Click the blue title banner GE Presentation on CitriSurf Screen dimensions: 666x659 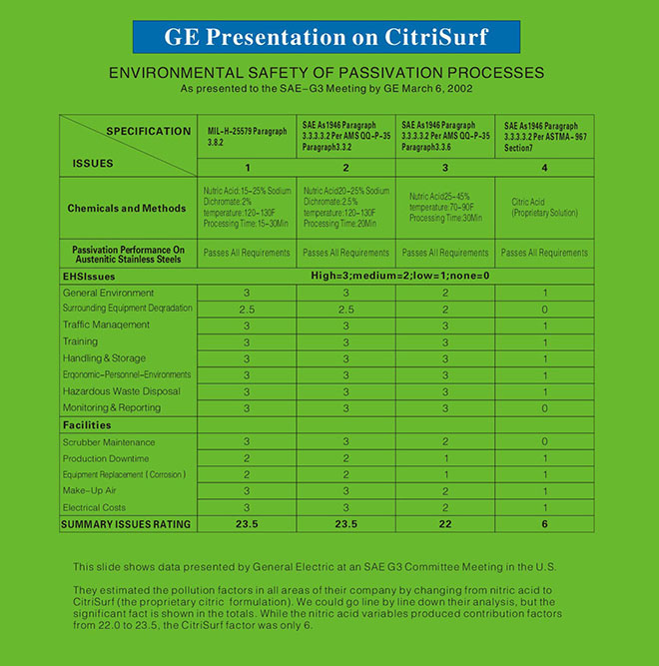(x=327, y=37)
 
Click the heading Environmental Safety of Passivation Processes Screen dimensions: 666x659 (x=327, y=73)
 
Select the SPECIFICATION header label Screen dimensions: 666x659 (x=149, y=131)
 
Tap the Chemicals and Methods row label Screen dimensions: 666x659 (x=127, y=208)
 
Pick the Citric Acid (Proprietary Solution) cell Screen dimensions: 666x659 (x=544, y=207)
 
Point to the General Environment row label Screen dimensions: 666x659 (x=109, y=293)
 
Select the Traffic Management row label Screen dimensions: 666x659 (x=106, y=325)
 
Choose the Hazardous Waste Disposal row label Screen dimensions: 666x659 (x=122, y=390)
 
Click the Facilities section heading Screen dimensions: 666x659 (x=87, y=424)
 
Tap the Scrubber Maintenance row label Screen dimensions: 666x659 (x=109, y=441)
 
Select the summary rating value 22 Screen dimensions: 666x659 (x=445, y=523)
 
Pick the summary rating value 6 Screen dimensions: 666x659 (x=544, y=523)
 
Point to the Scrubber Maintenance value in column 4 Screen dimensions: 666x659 (x=544, y=441)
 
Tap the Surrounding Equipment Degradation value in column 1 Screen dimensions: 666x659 (x=248, y=309)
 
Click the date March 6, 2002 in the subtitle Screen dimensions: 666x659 (x=435, y=89)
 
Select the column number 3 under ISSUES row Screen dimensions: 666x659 (x=445, y=167)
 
